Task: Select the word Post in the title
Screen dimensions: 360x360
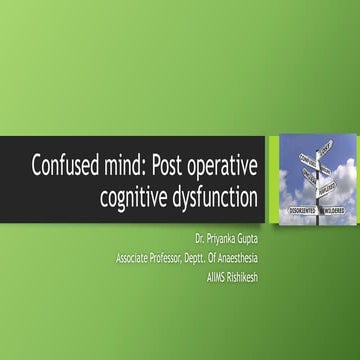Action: point(175,164)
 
